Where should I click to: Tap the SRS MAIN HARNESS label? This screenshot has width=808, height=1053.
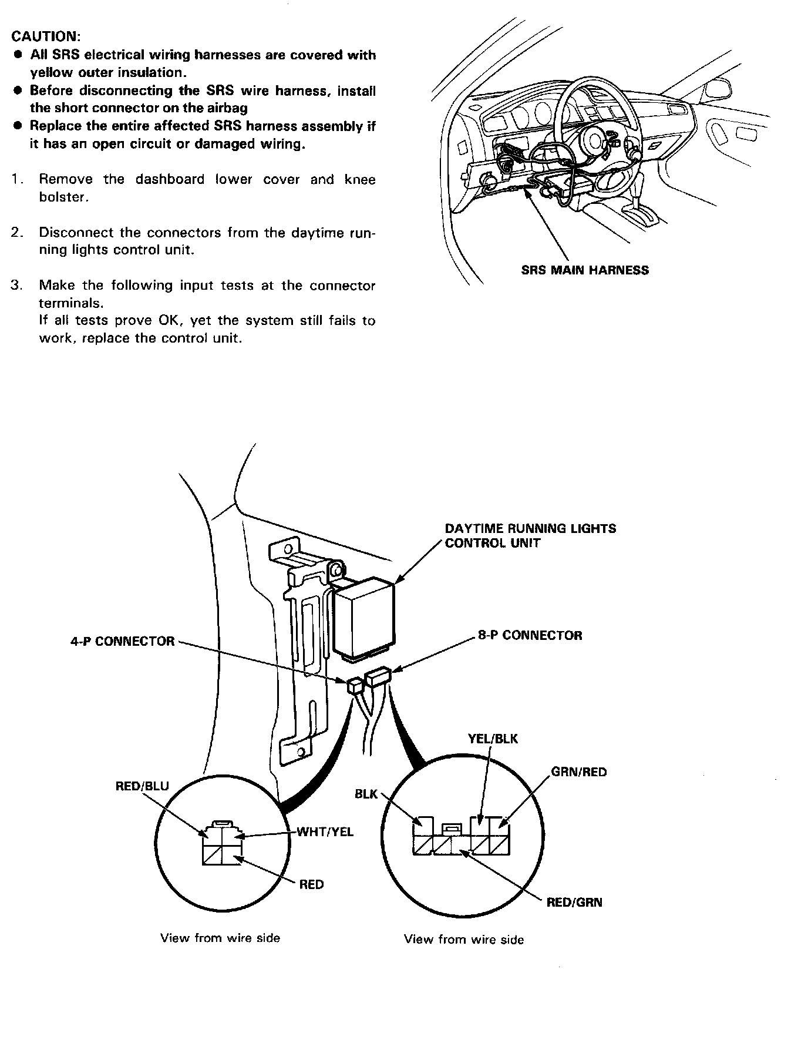[x=585, y=270]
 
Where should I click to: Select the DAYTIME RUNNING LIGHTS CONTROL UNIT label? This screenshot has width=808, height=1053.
[x=530, y=535]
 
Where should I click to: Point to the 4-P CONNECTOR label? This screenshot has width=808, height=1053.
[x=123, y=641]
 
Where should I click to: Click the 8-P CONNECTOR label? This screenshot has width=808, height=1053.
[x=530, y=635]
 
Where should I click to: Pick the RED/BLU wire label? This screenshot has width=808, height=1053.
[x=142, y=786]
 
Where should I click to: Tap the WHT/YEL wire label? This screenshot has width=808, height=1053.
[x=325, y=831]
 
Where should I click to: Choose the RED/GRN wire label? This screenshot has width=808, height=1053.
[x=574, y=902]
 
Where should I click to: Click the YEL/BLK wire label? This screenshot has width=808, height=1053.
[x=493, y=739]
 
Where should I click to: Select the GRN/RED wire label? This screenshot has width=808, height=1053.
[x=579, y=772]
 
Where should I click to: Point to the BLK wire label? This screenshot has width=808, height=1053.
[x=366, y=794]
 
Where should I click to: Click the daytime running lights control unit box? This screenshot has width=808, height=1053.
[x=364, y=617]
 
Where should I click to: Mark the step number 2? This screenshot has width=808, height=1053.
[x=16, y=233]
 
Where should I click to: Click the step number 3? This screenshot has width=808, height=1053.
[x=16, y=286]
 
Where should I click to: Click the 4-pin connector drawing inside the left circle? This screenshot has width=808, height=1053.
[x=222, y=843]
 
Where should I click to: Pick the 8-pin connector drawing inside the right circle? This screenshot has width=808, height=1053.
[x=462, y=837]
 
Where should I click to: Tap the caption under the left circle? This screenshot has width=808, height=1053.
[x=220, y=938]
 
